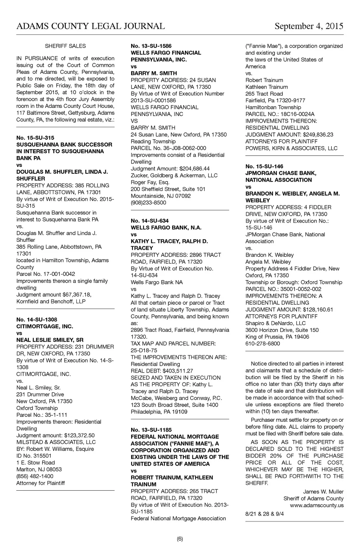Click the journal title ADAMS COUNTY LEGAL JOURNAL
(90, 26)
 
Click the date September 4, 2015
(309, 26)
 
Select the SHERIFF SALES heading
(65, 46)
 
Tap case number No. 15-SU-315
(36, 138)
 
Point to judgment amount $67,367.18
(77, 295)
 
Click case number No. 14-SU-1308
(37, 319)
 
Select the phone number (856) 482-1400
(35, 476)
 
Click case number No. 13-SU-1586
(151, 46)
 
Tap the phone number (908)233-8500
(148, 203)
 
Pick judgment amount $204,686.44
(192, 169)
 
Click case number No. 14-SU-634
(150, 221)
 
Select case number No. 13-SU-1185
(151, 430)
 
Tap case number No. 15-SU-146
(264, 166)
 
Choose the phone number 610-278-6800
(263, 344)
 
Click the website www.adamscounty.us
(317, 505)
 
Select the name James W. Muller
(323, 492)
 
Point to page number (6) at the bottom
(180, 539)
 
